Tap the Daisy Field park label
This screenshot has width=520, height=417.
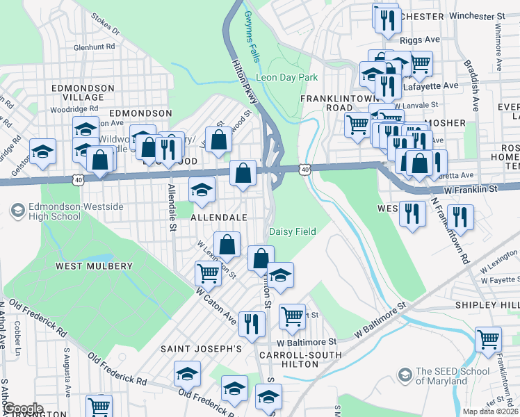click(x=293, y=231)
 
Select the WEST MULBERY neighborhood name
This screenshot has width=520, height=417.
click(x=94, y=266)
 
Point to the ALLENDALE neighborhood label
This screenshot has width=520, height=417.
click(x=219, y=218)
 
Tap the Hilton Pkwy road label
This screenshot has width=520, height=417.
click(x=244, y=81)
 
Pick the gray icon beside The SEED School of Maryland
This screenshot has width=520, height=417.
click(x=404, y=376)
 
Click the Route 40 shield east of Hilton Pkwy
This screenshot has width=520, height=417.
click(x=306, y=168)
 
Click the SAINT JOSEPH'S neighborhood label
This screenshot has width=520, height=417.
click(x=201, y=348)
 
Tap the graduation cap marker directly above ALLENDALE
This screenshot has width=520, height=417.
click(x=202, y=189)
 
